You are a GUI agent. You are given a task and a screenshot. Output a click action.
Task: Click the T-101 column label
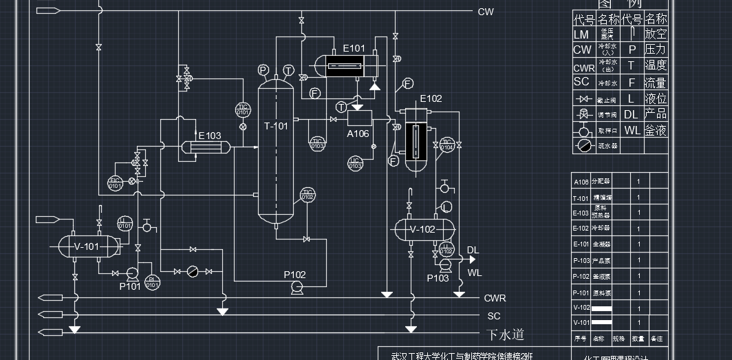click(x=276, y=126)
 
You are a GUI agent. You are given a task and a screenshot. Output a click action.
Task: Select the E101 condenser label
click(x=354, y=48)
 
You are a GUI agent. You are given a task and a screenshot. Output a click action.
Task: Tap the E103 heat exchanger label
click(x=210, y=136)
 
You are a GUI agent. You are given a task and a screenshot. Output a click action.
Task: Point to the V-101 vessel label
click(x=86, y=246)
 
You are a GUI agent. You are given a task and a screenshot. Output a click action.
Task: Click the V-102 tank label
click(x=422, y=229)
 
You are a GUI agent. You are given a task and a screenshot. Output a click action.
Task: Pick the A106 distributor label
click(x=358, y=134)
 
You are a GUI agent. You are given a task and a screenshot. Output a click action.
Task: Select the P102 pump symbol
click(x=297, y=288)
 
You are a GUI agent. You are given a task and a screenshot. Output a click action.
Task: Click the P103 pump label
click(x=438, y=278)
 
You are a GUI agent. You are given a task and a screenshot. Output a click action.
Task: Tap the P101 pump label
click(x=130, y=286)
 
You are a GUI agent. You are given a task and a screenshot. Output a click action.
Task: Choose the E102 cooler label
click(x=431, y=98)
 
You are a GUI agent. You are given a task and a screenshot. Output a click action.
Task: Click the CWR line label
click(x=495, y=298)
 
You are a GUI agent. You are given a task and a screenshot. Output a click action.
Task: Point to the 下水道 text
click(x=506, y=335)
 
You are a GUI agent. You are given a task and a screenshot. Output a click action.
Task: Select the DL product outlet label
click(x=473, y=250)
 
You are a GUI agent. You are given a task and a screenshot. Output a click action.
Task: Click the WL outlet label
click(x=475, y=273)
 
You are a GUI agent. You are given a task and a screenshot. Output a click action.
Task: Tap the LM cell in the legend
click(x=581, y=34)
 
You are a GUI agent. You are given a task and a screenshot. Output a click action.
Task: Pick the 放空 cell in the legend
click(x=656, y=33)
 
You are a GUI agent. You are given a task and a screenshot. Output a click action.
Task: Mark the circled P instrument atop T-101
click(x=263, y=70)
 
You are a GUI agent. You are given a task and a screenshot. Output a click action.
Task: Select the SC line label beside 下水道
click(x=494, y=316)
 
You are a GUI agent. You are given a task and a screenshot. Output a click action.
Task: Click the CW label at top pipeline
click(x=486, y=12)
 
